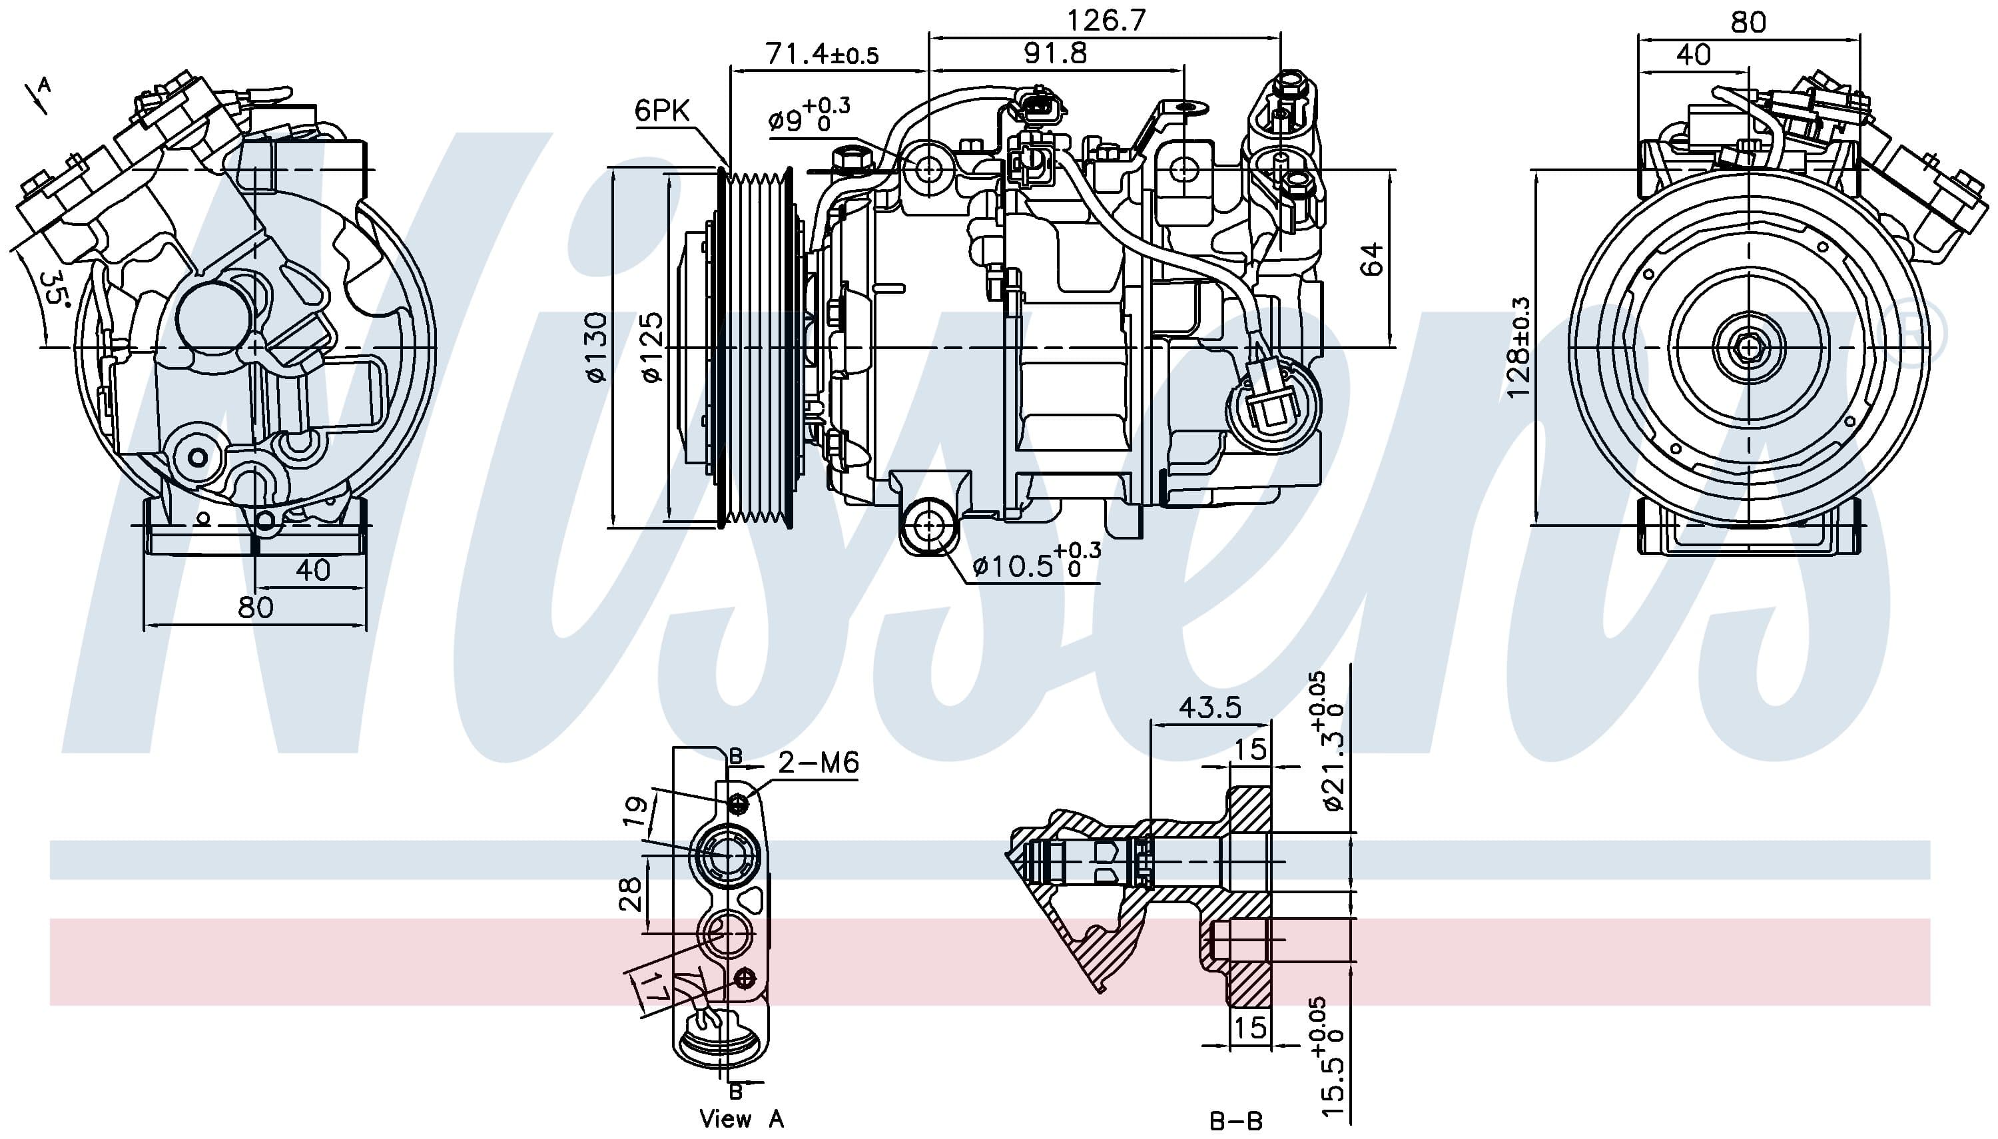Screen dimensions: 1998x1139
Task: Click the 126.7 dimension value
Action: pyautogui.click(x=1106, y=19)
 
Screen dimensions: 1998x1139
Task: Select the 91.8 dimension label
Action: pyautogui.click(x=1055, y=53)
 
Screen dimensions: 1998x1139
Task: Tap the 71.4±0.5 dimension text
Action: pyautogui.click(x=822, y=53)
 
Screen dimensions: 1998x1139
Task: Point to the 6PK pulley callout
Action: pyautogui.click(x=661, y=111)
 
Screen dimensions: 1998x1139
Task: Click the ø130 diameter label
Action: pyautogui.click(x=596, y=347)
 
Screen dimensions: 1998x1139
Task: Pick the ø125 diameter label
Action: pyautogui.click(x=651, y=347)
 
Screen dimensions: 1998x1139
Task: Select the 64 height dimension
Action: pyautogui.click(x=1371, y=259)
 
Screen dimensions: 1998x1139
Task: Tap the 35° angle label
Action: pyautogui.click(x=55, y=288)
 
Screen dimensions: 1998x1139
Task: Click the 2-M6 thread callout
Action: pyautogui.click(x=818, y=762)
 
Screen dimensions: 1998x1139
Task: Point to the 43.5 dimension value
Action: pyautogui.click(x=1209, y=707)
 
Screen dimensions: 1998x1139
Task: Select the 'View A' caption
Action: pyautogui.click(x=741, y=1118)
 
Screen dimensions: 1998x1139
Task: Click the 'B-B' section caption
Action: pyautogui.click(x=1236, y=1121)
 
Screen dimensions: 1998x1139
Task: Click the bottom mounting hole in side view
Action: pyautogui.click(x=928, y=526)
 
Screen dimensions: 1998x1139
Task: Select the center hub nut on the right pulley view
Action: pyautogui.click(x=1748, y=346)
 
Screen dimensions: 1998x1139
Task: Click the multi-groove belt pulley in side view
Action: pyautogui.click(x=755, y=347)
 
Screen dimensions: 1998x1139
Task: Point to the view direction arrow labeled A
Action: pyautogui.click(x=36, y=95)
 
